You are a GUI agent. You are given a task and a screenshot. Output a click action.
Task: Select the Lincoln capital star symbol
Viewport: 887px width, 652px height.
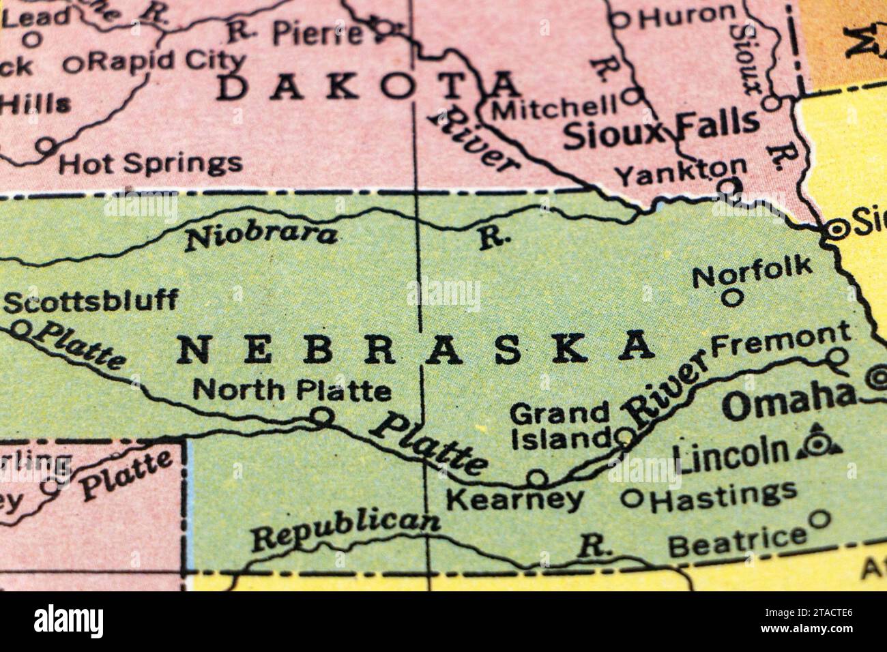coord(815,445)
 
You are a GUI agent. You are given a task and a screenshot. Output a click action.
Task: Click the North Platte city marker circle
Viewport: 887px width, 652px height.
coord(322,415)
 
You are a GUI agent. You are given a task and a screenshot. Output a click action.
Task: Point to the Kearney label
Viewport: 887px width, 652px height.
coord(514,500)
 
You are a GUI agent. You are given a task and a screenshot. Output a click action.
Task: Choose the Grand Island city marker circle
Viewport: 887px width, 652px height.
coord(624,436)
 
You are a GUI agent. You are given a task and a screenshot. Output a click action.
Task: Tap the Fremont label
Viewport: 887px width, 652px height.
coord(780,338)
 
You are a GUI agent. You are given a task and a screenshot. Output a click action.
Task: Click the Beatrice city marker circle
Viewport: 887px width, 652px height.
coord(819,519)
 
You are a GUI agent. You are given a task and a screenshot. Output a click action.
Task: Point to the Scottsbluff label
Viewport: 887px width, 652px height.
coord(91,301)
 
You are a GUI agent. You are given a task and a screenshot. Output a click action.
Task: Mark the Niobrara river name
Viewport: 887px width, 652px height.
coord(262,237)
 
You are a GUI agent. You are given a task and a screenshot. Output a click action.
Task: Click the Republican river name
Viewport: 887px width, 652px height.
coord(345,531)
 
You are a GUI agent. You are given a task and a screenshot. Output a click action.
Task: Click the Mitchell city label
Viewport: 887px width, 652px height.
coord(554,108)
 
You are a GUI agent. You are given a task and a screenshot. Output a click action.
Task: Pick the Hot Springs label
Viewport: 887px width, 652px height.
coord(150,163)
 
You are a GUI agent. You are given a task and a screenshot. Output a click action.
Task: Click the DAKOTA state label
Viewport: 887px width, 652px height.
coord(368,87)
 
